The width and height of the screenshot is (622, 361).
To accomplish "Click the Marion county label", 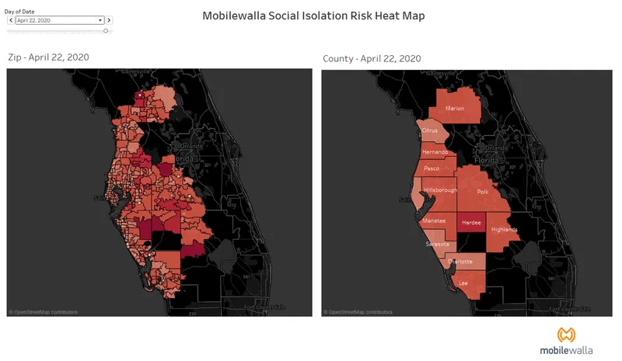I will (x=455, y=108).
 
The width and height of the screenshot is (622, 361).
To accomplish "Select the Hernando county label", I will (x=435, y=152).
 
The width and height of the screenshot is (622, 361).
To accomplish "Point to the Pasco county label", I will (x=432, y=168).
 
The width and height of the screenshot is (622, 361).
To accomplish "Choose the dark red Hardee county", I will (x=471, y=222).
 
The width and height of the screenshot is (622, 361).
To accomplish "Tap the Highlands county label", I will (x=505, y=230).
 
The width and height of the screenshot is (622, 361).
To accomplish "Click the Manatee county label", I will (x=434, y=220).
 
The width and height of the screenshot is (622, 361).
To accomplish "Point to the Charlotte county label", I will (x=459, y=262).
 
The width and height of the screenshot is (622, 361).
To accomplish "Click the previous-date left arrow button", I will (x=9, y=20).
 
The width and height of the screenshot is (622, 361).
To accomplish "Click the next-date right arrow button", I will (x=109, y=20).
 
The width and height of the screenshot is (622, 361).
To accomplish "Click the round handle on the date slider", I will (x=106, y=31).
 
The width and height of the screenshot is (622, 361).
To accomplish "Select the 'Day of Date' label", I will (x=20, y=11).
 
